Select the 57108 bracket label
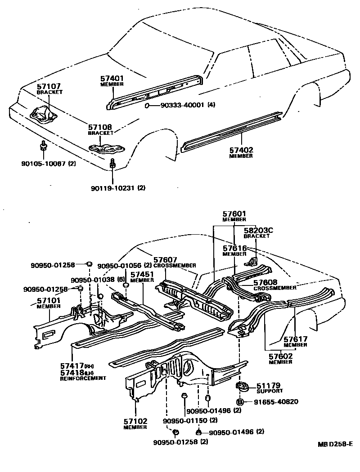100,127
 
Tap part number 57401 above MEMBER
112,78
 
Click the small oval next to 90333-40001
148,105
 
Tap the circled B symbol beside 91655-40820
240,401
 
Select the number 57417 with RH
72,366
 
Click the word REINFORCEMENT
83,378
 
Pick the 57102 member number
135,421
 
